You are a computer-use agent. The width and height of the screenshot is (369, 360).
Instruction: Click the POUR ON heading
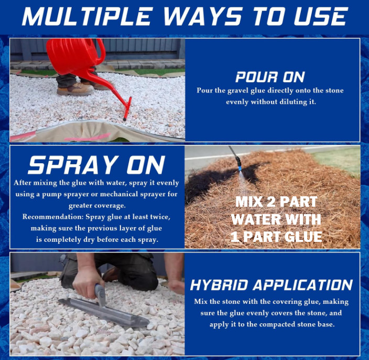(x=270, y=77)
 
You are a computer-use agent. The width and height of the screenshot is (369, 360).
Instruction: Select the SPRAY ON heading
(x=96, y=165)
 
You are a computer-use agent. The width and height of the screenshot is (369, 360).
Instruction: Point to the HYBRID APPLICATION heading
(x=271, y=285)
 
